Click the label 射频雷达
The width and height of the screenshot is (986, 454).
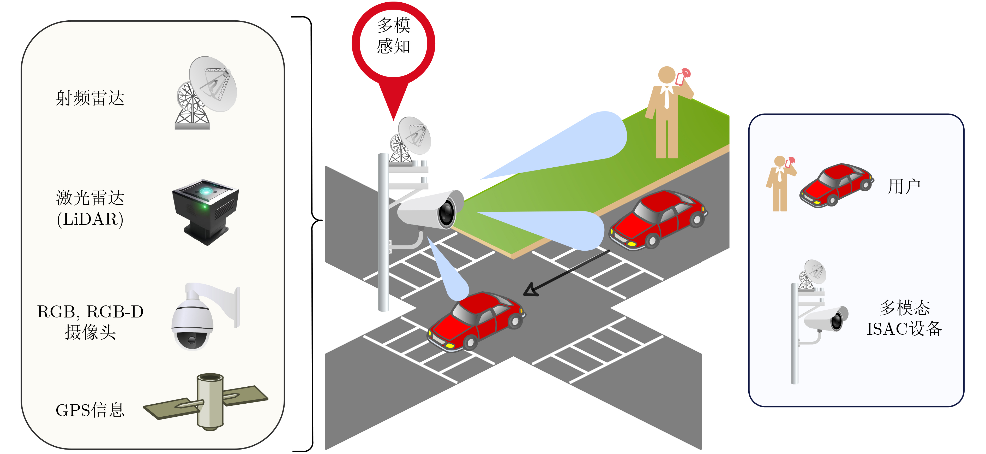(90, 98)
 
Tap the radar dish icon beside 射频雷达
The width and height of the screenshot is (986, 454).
(207, 93)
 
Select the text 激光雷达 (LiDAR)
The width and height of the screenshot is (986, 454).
(90, 208)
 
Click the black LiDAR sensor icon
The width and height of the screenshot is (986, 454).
(206, 210)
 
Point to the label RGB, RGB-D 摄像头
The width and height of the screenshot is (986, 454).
(90, 322)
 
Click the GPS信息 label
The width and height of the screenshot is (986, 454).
(90, 410)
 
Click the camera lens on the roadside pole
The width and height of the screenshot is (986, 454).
(446, 213)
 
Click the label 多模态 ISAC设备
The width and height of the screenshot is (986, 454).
(904, 318)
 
